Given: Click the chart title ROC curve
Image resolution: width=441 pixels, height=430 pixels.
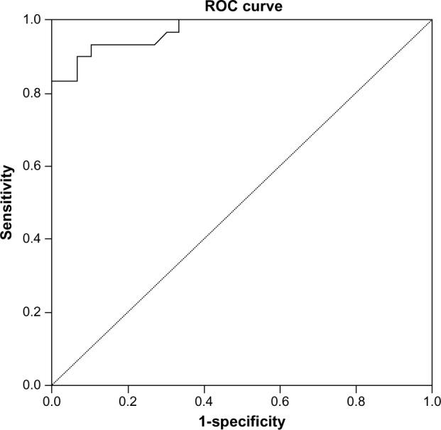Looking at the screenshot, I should [241, 6].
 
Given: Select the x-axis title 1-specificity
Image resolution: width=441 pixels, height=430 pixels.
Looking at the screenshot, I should [241, 421].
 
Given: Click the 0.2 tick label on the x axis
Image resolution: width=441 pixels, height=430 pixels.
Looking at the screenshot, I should [128, 400].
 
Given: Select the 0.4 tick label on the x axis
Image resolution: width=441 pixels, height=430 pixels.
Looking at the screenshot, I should [204, 400].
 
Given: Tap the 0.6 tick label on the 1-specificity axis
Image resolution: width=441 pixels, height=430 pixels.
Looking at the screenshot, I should [280, 400].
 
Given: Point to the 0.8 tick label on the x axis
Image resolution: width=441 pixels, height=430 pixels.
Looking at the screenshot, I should [356, 400].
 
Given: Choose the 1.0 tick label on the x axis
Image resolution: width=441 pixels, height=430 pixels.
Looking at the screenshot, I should [432, 400].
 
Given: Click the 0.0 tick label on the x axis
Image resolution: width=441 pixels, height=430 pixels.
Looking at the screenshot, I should [52, 400].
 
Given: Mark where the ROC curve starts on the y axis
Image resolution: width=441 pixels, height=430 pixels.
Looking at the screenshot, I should [52, 81].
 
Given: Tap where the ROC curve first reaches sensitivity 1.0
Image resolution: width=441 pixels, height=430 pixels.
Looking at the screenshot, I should [179, 20].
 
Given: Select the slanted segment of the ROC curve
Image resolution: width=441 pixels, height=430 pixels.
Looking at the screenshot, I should [160, 38].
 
